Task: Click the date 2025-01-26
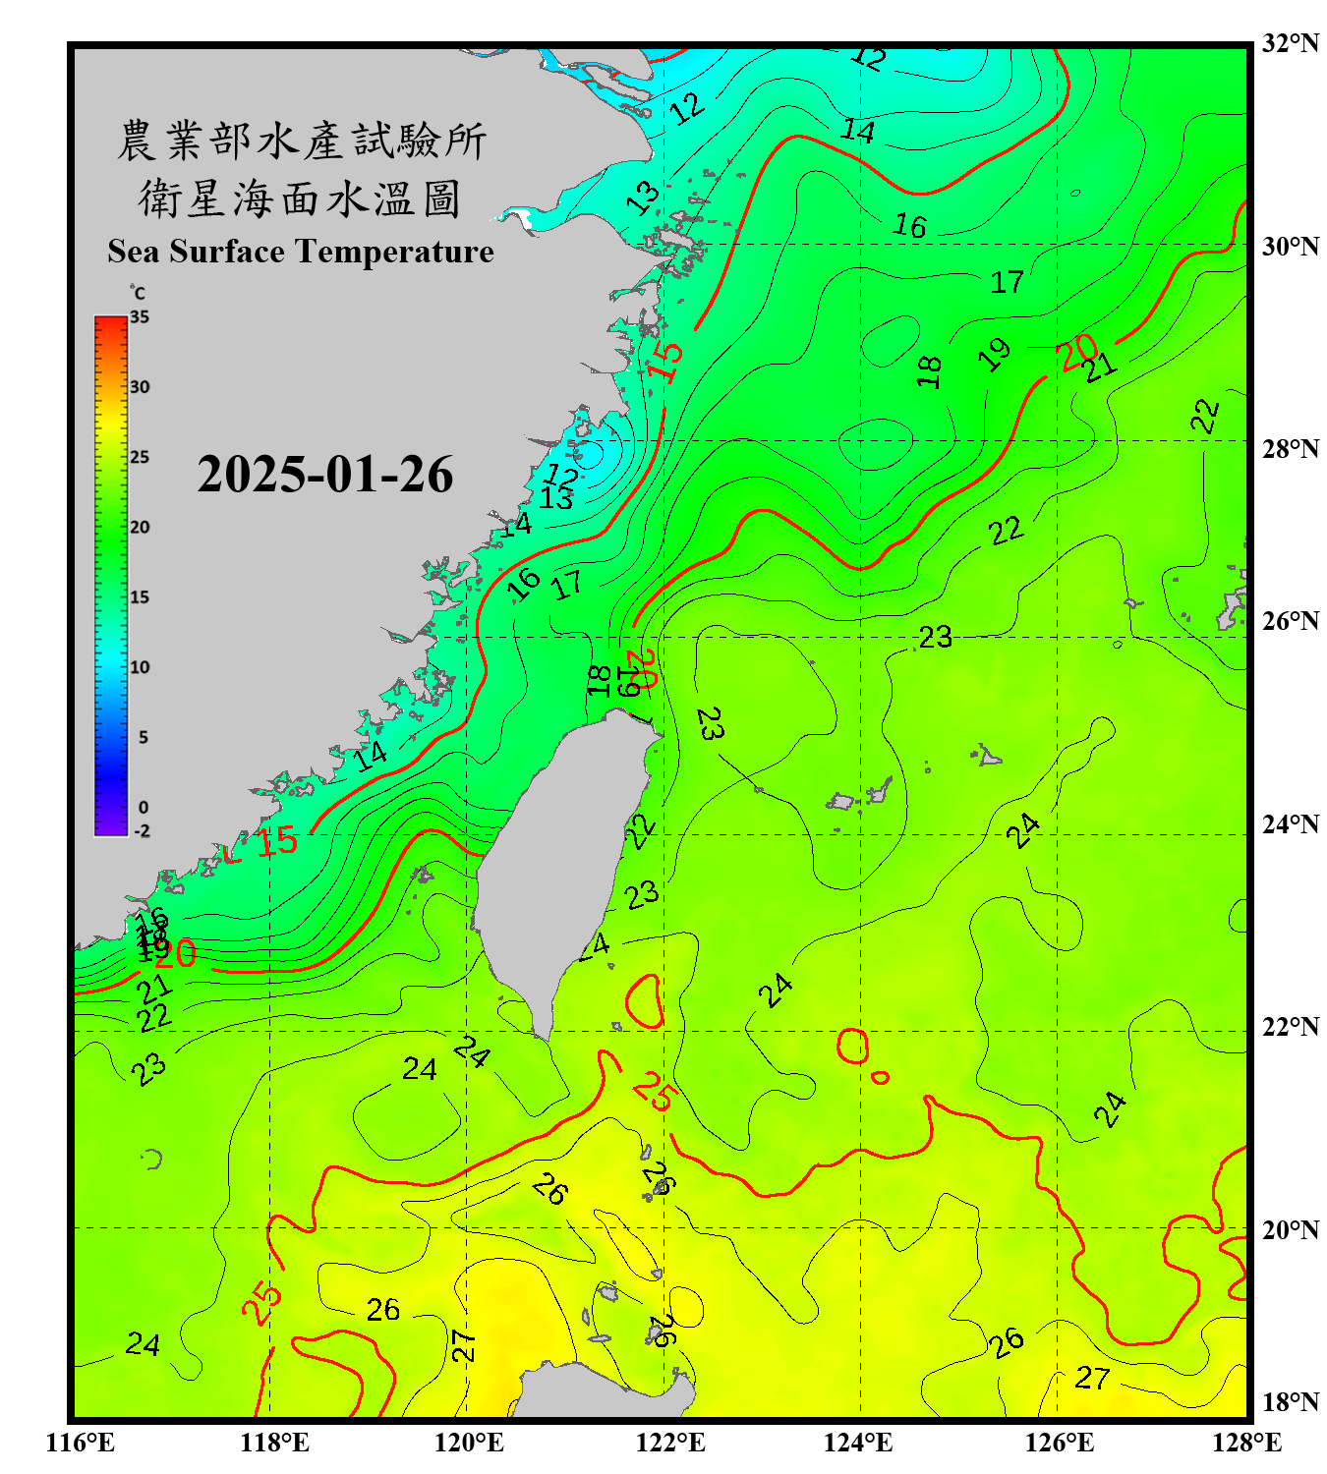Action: [x=324, y=475]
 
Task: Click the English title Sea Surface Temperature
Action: [x=301, y=252]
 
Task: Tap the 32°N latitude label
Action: [x=1290, y=43]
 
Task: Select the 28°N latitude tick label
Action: [x=1290, y=448]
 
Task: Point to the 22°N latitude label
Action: [x=1290, y=1027]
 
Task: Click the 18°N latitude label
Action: [x=1290, y=1402]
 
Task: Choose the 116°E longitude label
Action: [x=81, y=1443]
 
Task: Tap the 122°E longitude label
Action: [x=671, y=1443]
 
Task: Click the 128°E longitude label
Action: [x=1246, y=1443]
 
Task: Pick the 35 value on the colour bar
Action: [x=140, y=317]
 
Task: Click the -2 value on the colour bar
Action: [x=142, y=830]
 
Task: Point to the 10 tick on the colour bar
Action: [x=140, y=667]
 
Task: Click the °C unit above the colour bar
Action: [x=138, y=293]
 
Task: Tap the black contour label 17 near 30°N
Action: [x=1007, y=283]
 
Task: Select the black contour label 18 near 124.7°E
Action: [x=929, y=371]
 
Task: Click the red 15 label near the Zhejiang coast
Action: [x=665, y=361]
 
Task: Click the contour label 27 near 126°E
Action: [x=1092, y=1379]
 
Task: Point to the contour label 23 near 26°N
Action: [x=936, y=638]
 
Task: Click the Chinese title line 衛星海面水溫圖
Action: [x=300, y=198]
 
